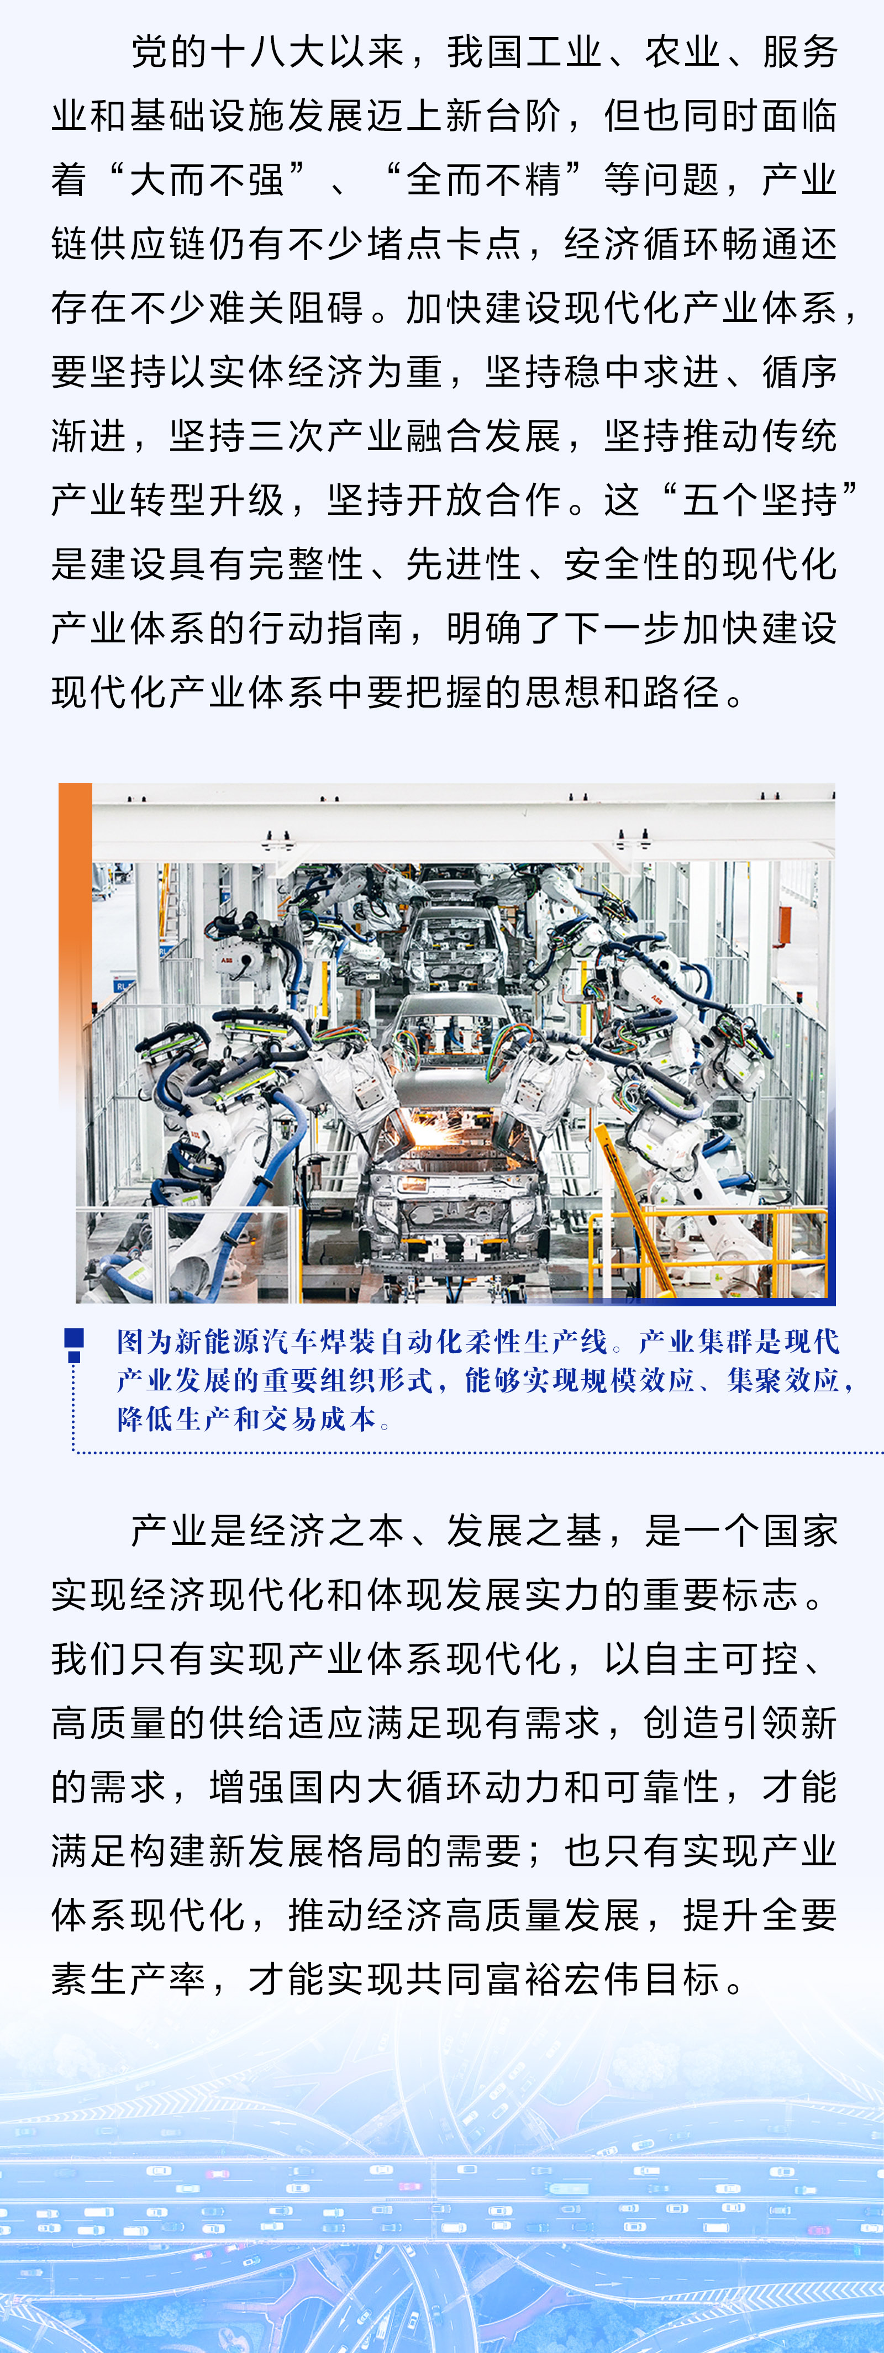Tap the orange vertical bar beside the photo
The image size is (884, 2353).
coord(75,941)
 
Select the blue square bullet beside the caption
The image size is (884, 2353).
coord(74,1339)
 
